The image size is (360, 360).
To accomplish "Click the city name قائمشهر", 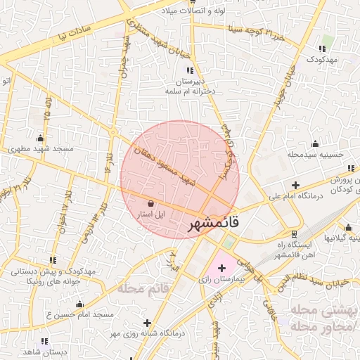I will point(214,223).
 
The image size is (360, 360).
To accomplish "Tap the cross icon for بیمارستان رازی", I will point(222,268).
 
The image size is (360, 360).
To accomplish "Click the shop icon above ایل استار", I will point(151,203).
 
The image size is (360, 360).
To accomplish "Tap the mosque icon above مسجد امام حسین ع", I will point(79,304).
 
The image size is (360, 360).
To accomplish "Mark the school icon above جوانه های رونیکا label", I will point(53,260).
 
